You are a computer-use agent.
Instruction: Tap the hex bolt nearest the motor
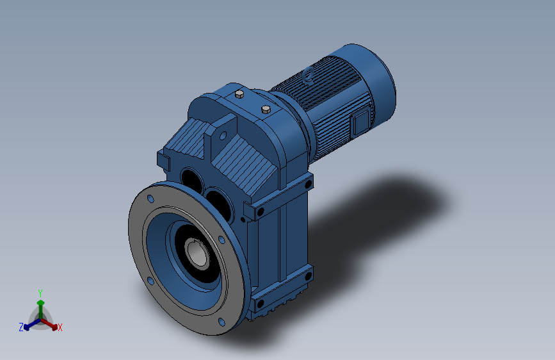point(266,109)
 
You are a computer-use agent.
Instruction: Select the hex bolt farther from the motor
point(239,94)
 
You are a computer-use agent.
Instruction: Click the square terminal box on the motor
point(360,122)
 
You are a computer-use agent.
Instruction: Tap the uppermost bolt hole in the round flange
point(150,199)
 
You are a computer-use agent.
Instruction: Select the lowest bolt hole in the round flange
point(221,322)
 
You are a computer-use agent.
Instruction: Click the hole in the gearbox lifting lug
point(223,135)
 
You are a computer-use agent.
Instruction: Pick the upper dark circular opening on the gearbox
point(191,181)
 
